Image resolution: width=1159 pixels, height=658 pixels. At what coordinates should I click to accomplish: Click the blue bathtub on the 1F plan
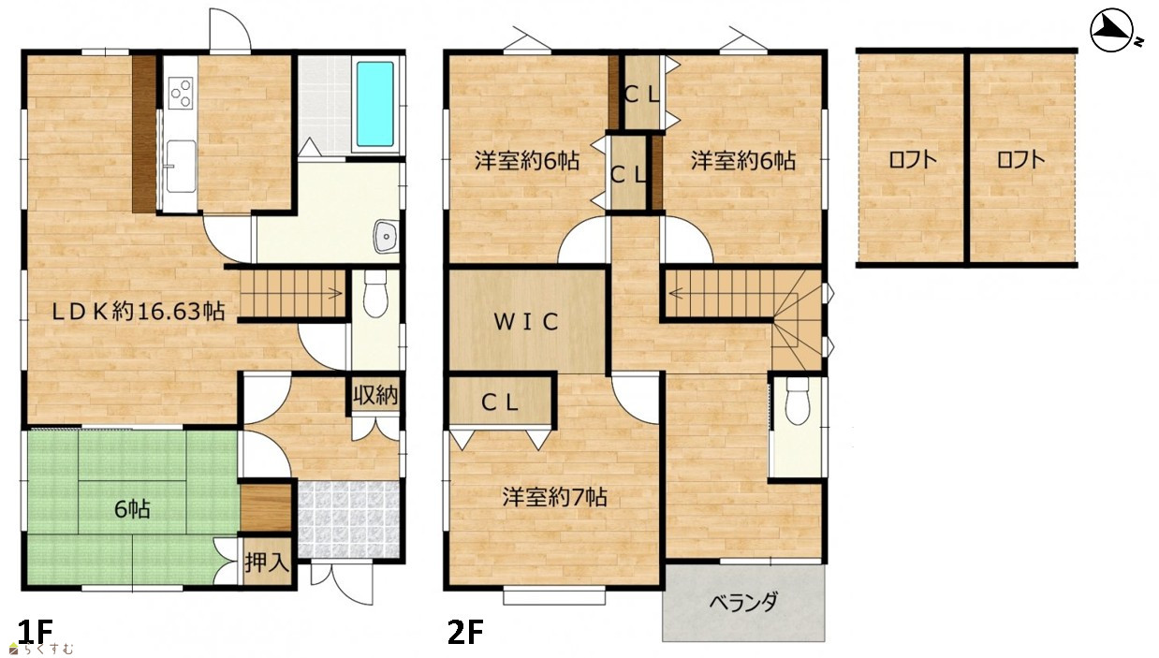point(374,104)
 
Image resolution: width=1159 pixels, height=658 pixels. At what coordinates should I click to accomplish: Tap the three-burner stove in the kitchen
point(180,93)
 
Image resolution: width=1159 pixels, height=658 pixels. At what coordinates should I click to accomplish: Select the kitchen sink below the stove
point(181,166)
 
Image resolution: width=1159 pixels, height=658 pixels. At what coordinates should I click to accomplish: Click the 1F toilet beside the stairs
point(375,294)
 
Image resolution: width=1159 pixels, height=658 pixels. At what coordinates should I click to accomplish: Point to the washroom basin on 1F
point(387,236)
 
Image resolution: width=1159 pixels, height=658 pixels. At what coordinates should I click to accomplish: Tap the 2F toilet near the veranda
point(798,402)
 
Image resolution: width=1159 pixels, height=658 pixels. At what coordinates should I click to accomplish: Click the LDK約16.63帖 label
point(139,312)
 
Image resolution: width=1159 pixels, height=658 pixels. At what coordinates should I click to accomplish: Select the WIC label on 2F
point(526,322)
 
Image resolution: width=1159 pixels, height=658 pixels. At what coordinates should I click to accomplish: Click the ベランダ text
point(743,603)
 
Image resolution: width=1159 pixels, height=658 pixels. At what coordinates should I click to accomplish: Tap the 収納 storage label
point(375,395)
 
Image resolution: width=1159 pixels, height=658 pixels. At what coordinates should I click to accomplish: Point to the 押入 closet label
point(267,563)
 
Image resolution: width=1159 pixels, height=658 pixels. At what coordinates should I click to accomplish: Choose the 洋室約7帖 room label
point(554,497)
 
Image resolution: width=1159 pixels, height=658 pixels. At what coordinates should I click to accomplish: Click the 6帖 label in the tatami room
point(132,509)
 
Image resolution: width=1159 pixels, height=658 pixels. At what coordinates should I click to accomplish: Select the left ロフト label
point(913,160)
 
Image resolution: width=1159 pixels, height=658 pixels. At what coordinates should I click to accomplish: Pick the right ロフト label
point(1020,160)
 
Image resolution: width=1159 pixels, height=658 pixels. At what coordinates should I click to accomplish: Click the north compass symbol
point(1112,32)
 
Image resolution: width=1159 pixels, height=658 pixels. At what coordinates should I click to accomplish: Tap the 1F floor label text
point(36,632)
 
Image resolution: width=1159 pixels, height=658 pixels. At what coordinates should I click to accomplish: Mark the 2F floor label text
point(465,632)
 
